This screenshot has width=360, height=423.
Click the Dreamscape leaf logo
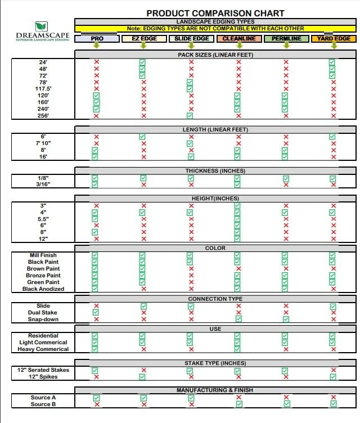(41, 26)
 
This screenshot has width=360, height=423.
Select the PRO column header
(96, 39)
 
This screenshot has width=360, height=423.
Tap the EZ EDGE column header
(143, 39)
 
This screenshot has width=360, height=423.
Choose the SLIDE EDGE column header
(191, 39)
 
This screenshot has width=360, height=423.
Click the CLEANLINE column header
(238, 39)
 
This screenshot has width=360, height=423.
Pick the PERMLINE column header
(286, 39)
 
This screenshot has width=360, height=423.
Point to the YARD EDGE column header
(334, 39)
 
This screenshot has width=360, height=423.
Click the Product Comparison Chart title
(215, 13)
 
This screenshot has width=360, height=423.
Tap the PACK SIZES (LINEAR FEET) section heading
(215, 55)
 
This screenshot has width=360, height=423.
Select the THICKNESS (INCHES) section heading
(215, 170)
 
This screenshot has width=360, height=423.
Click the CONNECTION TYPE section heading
(215, 299)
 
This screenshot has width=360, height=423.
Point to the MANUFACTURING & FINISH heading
(215, 390)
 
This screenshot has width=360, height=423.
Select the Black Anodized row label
(43, 289)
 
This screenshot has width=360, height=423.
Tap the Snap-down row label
(43, 319)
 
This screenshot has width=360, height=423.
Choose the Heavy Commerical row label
(43, 349)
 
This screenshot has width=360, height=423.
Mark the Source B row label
(43, 404)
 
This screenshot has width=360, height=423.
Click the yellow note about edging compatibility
(215, 28)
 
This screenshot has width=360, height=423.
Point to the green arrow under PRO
(96, 46)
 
